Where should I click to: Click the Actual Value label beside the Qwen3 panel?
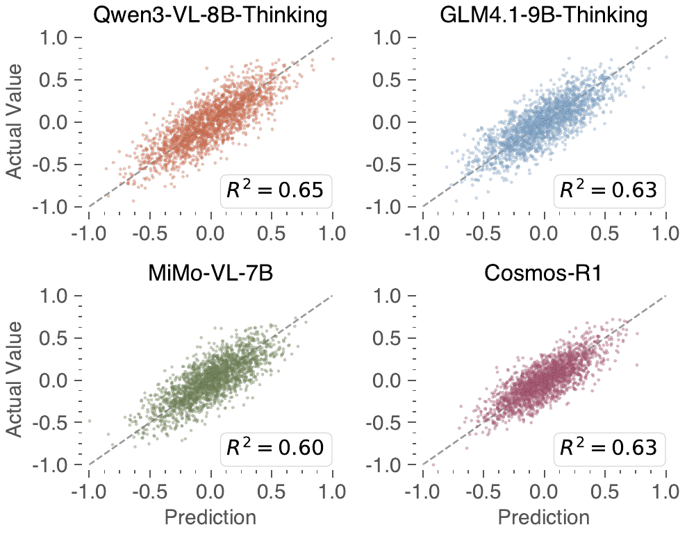click(19, 122)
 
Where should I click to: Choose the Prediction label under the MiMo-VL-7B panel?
click(210, 517)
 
